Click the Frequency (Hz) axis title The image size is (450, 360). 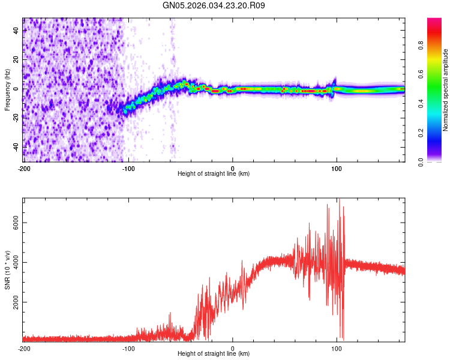7,89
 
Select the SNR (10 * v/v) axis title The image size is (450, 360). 7,269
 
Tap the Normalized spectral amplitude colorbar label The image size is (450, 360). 445,90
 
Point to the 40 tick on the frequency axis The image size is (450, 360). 16,31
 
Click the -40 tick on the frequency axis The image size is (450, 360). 15,147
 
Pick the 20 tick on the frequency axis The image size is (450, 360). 16,60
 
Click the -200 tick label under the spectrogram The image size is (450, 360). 24,167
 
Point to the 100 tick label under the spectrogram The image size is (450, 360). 337,167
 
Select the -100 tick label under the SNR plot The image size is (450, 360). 128,348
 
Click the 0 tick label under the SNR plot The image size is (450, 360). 233,348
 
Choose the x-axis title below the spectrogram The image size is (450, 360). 214,173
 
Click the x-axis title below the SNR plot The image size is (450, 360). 214,353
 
